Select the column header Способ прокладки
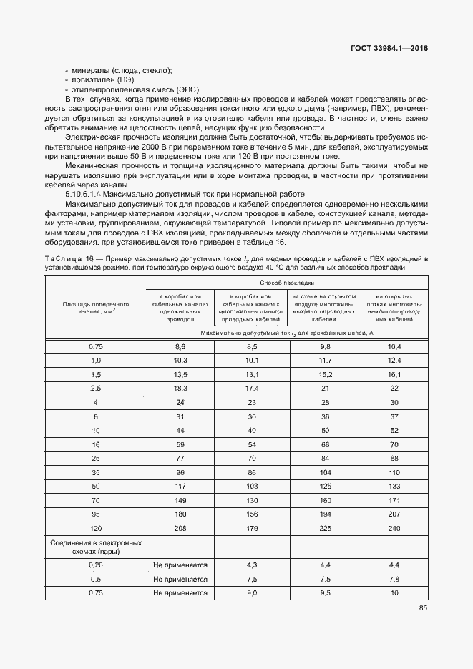[x=287, y=283]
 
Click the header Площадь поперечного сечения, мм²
[x=95, y=308]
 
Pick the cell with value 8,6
[x=180, y=346]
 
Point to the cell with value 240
[x=394, y=528]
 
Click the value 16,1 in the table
[x=394, y=374]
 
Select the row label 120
[x=95, y=528]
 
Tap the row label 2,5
[x=95, y=388]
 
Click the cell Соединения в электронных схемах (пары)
[x=95, y=547]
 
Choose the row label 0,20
[x=95, y=565]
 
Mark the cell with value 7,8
[x=394, y=579]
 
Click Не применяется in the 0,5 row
[x=180, y=579]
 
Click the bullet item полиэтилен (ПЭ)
[x=104, y=80]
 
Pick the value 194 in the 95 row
[x=325, y=514]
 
